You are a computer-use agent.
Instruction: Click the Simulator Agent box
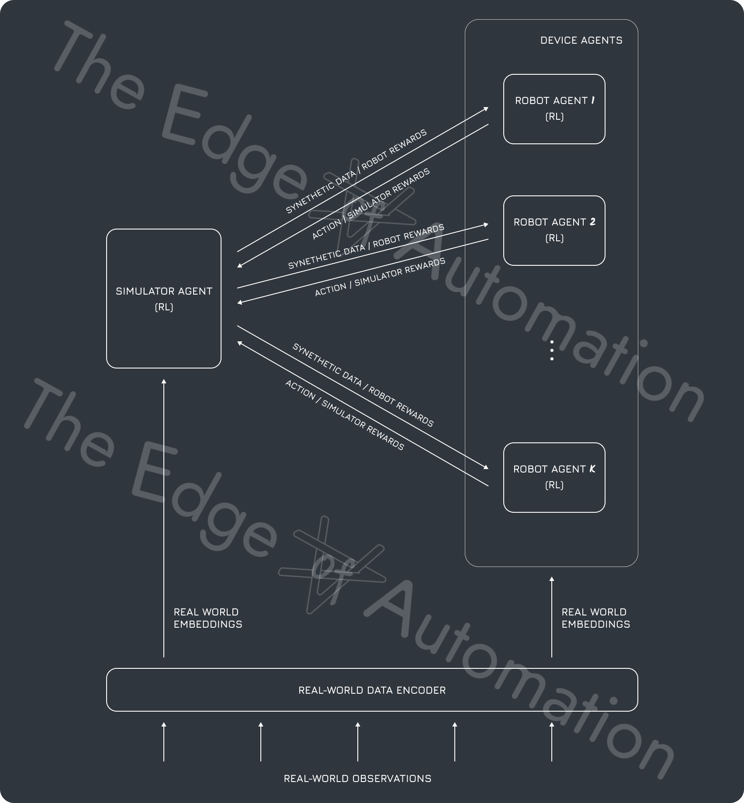tap(164, 299)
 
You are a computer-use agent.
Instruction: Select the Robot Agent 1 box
tap(554, 109)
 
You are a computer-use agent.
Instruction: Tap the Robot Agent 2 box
tap(554, 230)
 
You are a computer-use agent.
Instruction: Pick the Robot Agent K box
tap(554, 477)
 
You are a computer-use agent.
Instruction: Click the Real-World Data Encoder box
tap(372, 690)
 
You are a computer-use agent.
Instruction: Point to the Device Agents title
tap(581, 41)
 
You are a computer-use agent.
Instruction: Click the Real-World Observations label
tap(357, 779)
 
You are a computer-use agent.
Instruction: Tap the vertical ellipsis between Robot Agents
tap(552, 351)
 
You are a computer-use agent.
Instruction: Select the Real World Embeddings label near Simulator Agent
tap(208, 618)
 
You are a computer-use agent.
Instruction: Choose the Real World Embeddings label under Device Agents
tap(595, 618)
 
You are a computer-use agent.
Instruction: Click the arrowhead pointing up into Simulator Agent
tap(164, 382)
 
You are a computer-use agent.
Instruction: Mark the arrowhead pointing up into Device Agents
tap(552, 579)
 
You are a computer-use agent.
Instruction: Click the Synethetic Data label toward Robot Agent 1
tap(356, 171)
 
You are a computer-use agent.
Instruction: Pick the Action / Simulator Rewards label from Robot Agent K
tap(344, 415)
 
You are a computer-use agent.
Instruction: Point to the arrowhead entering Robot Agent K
tap(486, 468)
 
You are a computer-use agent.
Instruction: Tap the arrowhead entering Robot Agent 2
tap(486, 225)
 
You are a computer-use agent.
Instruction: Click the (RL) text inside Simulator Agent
tap(164, 307)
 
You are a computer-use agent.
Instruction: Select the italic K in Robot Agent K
tap(592, 469)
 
